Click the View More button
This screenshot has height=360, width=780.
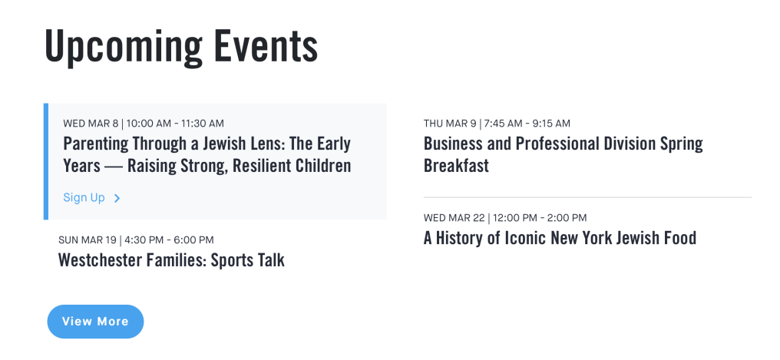click(95, 321)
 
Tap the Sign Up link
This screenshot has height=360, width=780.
click(84, 197)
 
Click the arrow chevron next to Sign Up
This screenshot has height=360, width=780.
click(117, 198)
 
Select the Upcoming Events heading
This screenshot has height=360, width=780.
click(181, 47)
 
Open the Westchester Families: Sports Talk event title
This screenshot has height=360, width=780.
click(172, 260)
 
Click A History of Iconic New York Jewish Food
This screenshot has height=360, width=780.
click(560, 238)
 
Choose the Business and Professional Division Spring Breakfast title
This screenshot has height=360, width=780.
click(563, 154)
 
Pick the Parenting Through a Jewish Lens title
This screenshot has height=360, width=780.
click(207, 154)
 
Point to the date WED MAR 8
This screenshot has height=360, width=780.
click(91, 124)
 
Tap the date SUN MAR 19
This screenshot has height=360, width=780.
click(87, 240)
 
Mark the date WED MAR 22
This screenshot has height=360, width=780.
click(454, 218)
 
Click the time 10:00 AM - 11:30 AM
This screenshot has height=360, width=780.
click(175, 124)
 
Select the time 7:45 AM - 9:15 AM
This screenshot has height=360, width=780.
click(527, 124)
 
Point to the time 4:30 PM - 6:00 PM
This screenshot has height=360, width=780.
click(169, 240)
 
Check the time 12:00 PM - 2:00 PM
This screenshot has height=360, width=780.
click(540, 218)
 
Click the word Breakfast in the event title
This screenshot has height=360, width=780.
click(456, 166)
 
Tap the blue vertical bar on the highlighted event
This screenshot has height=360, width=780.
click(46, 161)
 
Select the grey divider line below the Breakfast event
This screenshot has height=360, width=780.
click(587, 197)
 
